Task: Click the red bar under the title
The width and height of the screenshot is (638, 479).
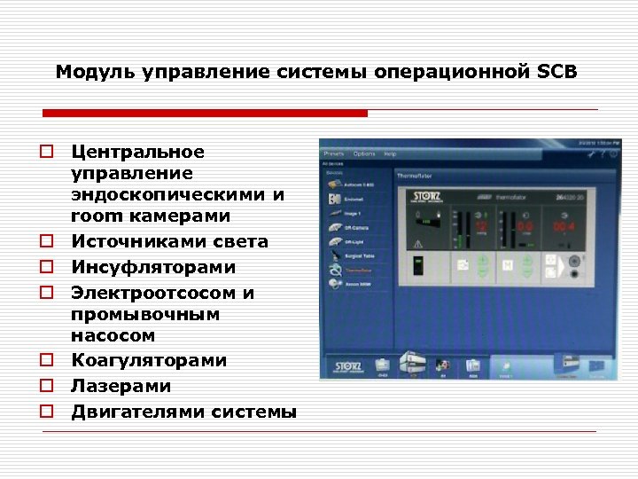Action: [205, 114]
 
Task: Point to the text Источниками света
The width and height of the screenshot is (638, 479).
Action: [169, 242]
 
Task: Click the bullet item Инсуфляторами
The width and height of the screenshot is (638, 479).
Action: [153, 268]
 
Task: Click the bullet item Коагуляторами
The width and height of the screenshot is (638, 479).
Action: [149, 361]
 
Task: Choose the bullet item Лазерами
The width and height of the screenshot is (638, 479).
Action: [121, 387]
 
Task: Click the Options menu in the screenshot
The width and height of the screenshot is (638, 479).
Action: [364, 153]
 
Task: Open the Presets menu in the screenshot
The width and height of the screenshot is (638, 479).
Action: [334, 153]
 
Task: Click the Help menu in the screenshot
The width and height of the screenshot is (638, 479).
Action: [390, 153]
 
